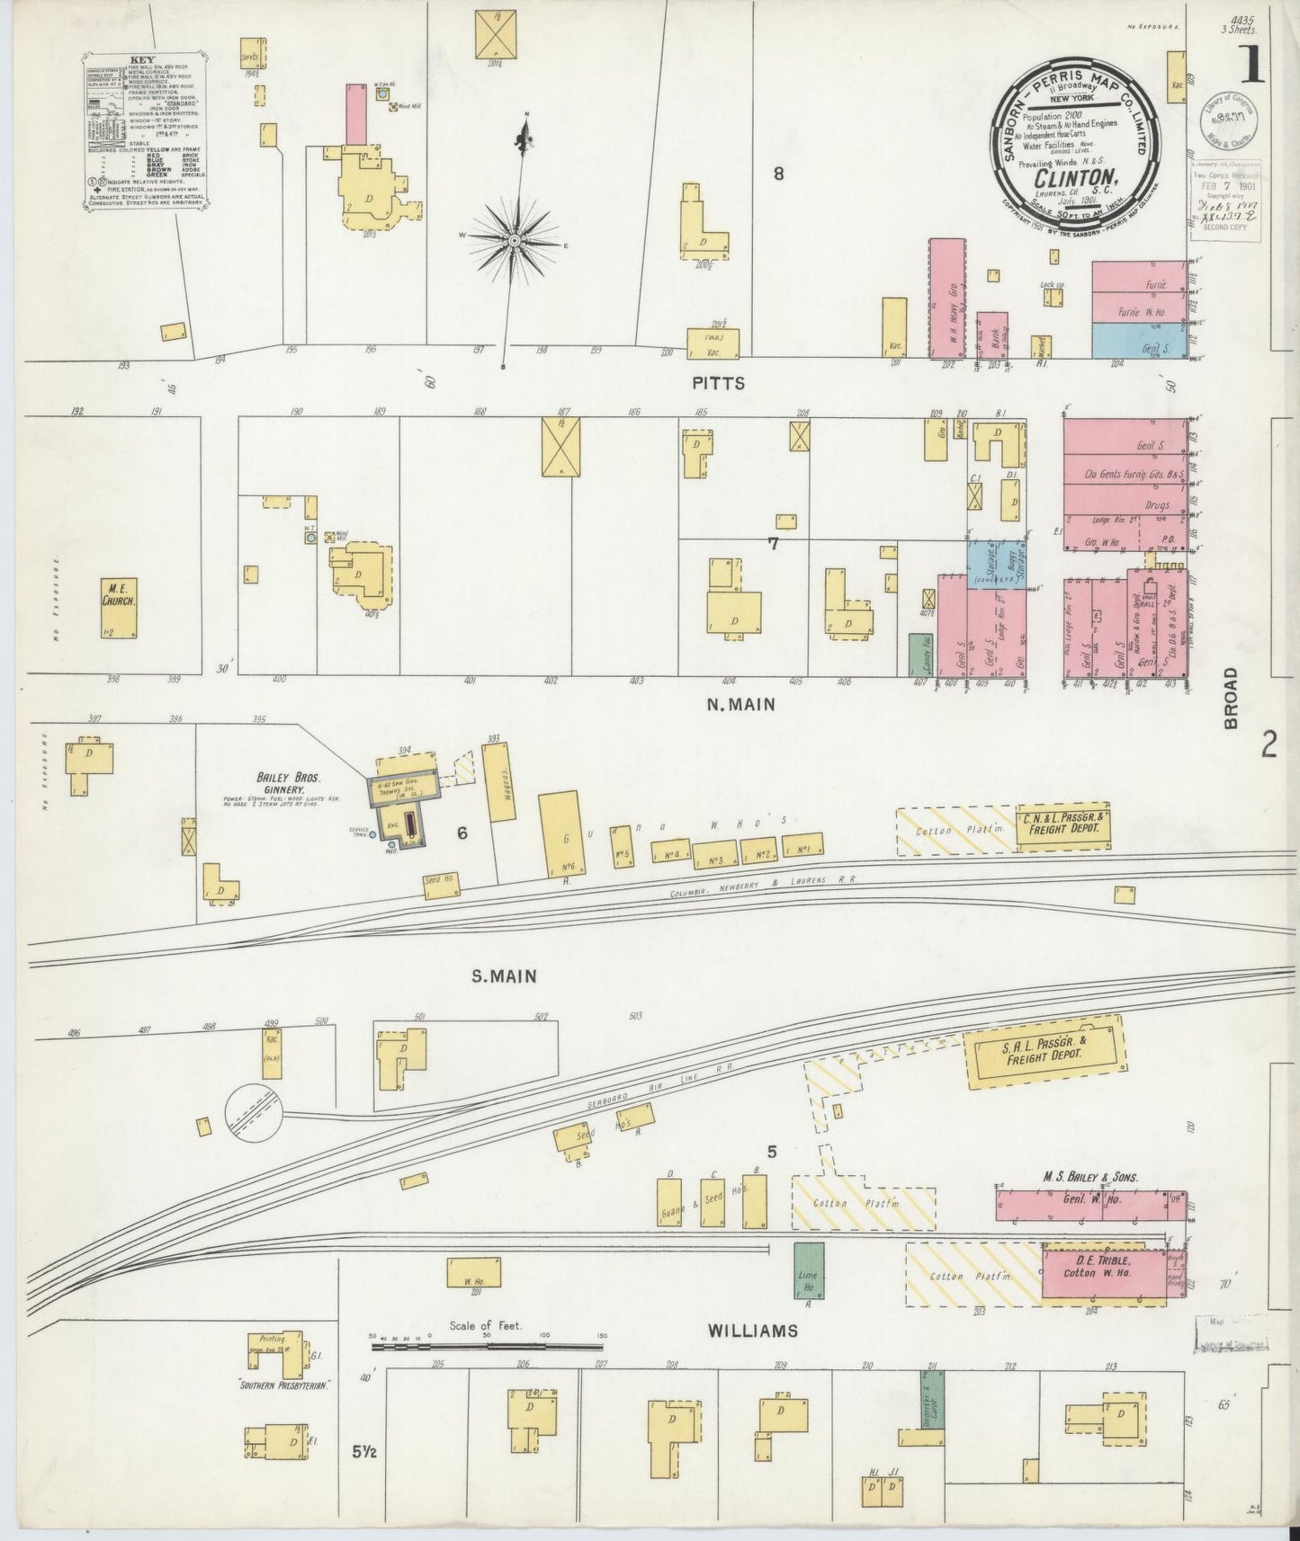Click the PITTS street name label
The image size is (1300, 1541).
tap(719, 384)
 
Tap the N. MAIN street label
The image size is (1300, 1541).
tap(740, 706)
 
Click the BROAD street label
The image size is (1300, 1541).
tap(1230, 697)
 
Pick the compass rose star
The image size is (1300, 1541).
tap(514, 241)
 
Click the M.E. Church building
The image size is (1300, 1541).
tap(119, 608)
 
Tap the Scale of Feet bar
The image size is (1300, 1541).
tap(487, 1346)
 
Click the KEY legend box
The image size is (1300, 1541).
tap(144, 132)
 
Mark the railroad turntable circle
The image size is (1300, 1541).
tap(254, 1111)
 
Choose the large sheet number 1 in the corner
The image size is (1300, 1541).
tap(1250, 65)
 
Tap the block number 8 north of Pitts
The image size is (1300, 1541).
tap(778, 174)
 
